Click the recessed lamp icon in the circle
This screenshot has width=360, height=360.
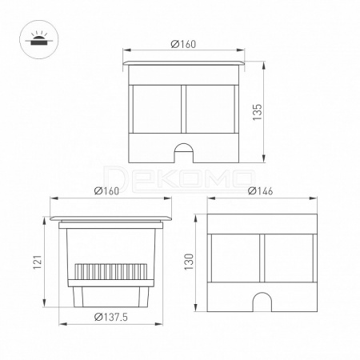coord(37,39)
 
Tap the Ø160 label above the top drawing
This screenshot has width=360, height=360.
coord(183,44)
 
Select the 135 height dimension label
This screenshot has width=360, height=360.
coord(258,112)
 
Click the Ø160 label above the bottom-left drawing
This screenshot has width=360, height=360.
coord(106,191)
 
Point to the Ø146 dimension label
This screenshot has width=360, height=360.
coord(260,191)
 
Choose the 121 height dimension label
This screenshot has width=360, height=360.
coord(38,262)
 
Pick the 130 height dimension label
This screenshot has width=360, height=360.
coord(189,262)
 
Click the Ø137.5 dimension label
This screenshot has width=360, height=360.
coord(111,317)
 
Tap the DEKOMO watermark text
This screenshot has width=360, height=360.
coord(179,178)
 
